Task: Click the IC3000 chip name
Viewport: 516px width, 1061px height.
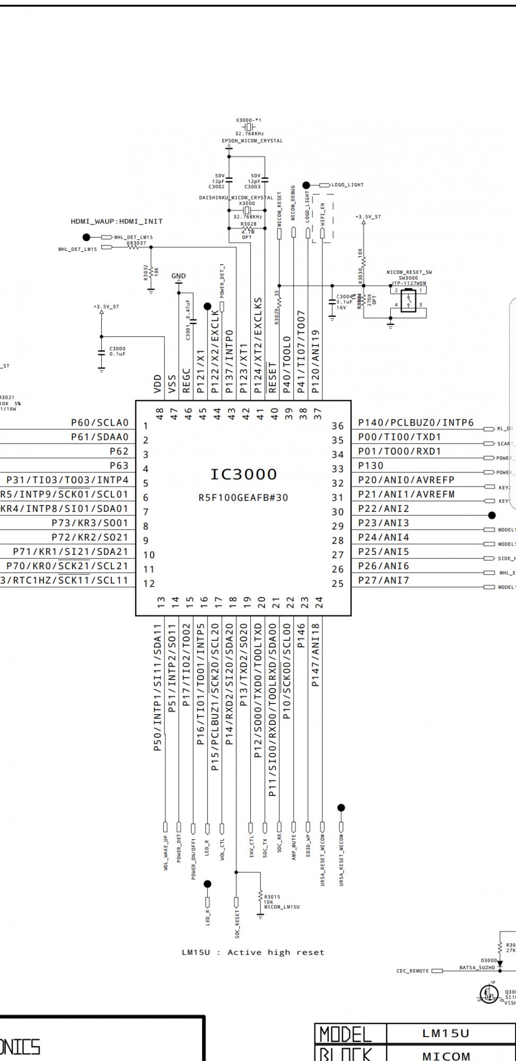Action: click(x=243, y=474)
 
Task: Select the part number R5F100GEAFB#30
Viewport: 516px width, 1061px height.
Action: click(x=243, y=498)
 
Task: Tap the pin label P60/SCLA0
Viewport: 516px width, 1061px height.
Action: click(x=100, y=423)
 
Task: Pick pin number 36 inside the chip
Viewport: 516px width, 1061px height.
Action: click(x=338, y=426)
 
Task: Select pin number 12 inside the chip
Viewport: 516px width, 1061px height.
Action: click(x=149, y=584)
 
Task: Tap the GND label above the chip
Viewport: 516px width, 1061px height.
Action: click(x=179, y=276)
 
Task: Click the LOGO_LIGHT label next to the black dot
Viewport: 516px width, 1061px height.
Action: click(x=347, y=185)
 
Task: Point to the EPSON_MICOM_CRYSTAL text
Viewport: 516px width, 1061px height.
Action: click(x=252, y=141)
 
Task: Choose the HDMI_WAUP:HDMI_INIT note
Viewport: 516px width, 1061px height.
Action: click(x=117, y=221)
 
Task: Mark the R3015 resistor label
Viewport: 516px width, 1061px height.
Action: click(x=272, y=897)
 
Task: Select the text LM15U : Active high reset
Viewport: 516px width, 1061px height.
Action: click(x=252, y=952)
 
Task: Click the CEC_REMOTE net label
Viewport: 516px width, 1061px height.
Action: click(x=413, y=971)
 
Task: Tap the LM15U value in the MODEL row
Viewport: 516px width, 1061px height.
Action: click(x=446, y=1033)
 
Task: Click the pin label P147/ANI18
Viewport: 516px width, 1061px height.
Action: click(x=316, y=655)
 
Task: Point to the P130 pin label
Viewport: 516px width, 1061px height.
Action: click(x=371, y=466)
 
